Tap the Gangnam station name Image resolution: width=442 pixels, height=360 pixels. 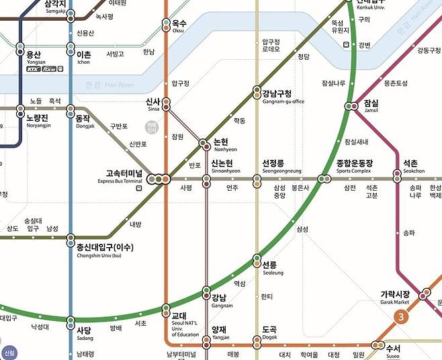click(219, 300)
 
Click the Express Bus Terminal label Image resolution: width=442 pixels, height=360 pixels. click(120, 177)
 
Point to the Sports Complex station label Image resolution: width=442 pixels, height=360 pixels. click(354, 167)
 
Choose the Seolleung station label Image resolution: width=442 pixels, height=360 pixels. click(270, 268)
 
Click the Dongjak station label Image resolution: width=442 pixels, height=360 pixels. click(82, 120)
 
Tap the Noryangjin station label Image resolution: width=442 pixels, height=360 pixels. click(39, 120)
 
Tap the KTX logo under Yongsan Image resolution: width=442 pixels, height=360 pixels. click(33, 69)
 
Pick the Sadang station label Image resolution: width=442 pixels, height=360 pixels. click(84, 334)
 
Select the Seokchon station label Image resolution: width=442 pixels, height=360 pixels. click(410, 167)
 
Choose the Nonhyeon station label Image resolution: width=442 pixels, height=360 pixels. click(221, 145)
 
